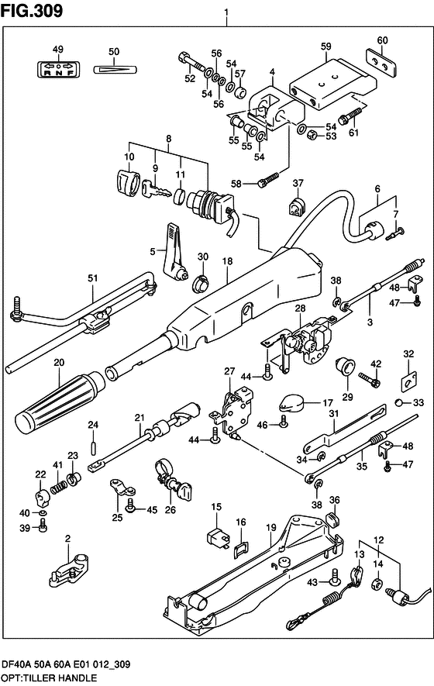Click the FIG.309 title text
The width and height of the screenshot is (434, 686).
[x=32, y=10]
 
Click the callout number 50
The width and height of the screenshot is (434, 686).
[x=114, y=52]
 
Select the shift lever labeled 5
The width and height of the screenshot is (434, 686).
[x=175, y=246]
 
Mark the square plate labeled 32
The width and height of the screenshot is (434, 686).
[x=408, y=381]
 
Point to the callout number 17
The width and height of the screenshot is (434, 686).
[x=327, y=402]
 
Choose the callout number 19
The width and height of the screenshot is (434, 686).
[x=271, y=528]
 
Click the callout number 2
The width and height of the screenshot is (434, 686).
[x=67, y=539]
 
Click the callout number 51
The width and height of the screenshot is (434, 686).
[x=93, y=278]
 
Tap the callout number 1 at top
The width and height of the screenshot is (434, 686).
[x=226, y=13]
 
